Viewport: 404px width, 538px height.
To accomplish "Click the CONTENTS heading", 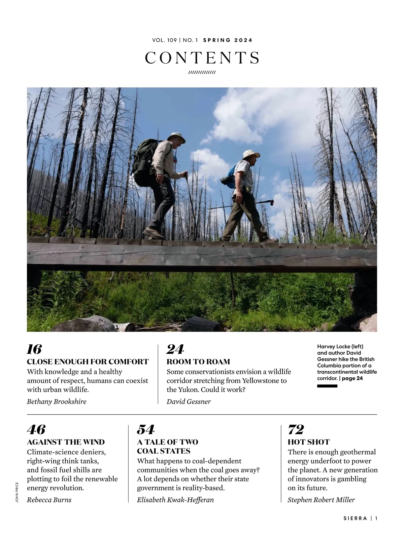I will click(x=202, y=58).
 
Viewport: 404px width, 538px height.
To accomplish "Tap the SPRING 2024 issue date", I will click(x=228, y=40).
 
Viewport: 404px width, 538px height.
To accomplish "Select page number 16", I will click(x=34, y=350).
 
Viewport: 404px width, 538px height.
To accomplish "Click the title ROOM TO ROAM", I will click(x=198, y=362).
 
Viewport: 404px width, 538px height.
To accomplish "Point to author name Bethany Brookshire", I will click(x=57, y=401).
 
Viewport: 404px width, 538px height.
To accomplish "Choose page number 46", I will click(x=36, y=430).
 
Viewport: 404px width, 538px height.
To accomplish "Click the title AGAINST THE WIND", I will click(x=66, y=442).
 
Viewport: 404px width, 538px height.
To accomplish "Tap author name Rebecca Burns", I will click(x=49, y=500).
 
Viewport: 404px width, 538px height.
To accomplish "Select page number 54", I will click(x=145, y=430).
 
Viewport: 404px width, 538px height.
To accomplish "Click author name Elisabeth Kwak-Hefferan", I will click(x=175, y=500).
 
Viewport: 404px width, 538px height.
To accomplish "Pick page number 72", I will click(x=296, y=430).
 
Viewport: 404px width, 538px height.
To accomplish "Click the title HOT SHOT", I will click(x=309, y=442).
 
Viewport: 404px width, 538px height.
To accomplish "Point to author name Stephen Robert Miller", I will click(x=321, y=500).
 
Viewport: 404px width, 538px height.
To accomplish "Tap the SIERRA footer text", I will click(x=355, y=518).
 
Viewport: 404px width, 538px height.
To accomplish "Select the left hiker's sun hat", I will click(x=176, y=137).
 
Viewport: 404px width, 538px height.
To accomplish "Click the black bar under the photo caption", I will click(x=327, y=386).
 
